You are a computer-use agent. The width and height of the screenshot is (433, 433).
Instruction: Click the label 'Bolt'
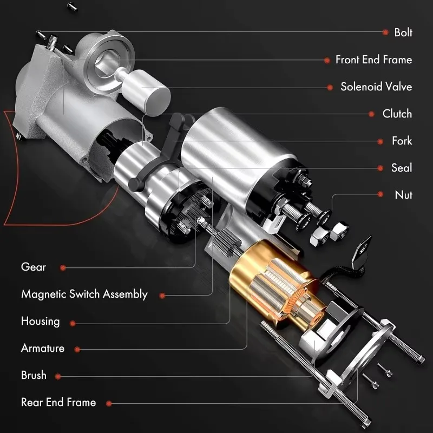[x=403, y=32]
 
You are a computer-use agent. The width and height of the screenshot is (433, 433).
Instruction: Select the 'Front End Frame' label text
[x=373, y=60]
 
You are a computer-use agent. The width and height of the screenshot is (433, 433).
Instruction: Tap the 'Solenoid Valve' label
[x=376, y=87]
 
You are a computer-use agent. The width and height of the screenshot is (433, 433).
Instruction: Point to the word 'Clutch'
[x=397, y=114]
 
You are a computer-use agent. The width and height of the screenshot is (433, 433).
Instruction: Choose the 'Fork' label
[x=402, y=141]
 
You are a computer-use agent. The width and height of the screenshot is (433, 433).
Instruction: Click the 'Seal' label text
[x=402, y=168]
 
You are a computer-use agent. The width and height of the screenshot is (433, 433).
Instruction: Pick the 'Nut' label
[x=403, y=195]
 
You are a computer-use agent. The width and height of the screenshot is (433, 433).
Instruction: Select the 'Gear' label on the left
[x=34, y=267]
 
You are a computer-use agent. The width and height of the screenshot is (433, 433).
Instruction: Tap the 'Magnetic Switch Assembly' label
[x=84, y=294]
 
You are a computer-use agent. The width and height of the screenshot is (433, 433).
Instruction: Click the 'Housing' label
[x=40, y=321]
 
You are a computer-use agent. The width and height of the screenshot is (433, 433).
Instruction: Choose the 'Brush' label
[x=34, y=375]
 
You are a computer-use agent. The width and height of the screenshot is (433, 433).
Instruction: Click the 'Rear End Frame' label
[x=58, y=402]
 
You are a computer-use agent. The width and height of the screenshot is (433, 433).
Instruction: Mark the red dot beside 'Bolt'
[x=385, y=32]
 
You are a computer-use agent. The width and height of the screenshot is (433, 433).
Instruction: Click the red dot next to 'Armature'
[x=77, y=349]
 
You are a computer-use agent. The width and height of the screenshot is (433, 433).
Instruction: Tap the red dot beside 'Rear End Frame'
[x=109, y=403]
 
